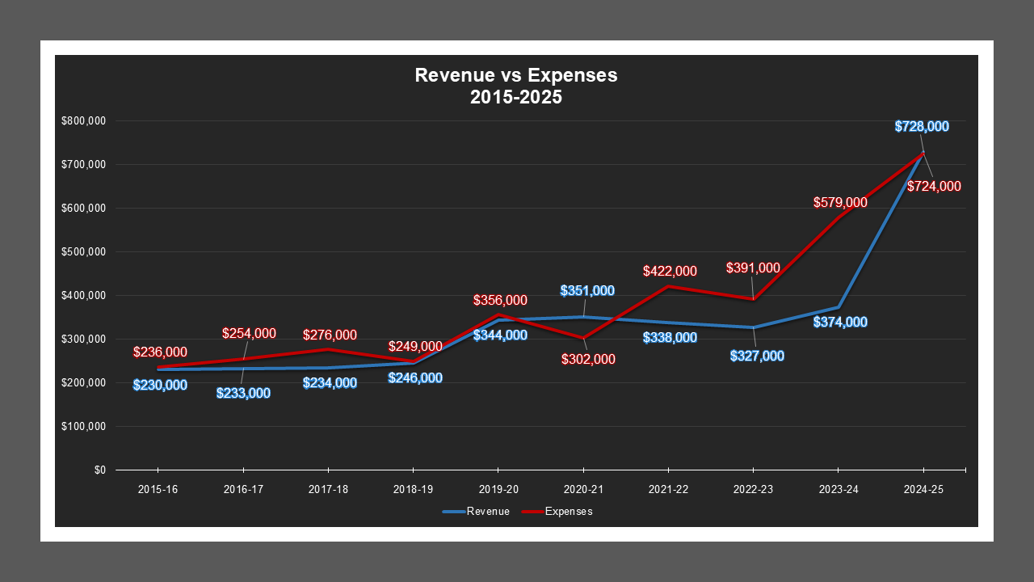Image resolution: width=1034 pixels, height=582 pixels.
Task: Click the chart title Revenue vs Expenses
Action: pyautogui.click(x=516, y=76)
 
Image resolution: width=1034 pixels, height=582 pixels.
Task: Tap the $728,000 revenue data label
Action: pyautogui.click(x=922, y=127)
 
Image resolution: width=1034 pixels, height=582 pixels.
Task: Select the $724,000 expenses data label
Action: pyautogui.click(x=934, y=187)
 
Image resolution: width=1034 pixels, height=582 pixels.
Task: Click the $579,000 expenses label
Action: pyautogui.click(x=840, y=203)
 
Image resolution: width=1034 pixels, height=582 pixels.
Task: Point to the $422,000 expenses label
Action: pyautogui.click(x=670, y=272)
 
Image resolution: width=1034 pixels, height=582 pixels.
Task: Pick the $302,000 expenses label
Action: pyautogui.click(x=588, y=359)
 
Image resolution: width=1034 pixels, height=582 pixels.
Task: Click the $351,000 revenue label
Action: pyautogui.click(x=588, y=291)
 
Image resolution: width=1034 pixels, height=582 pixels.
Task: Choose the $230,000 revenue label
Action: pyautogui.click(x=160, y=386)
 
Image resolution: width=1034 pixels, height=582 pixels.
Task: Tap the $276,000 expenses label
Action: pyautogui.click(x=330, y=335)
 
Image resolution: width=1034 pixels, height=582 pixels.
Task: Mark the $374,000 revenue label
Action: pyautogui.click(x=840, y=323)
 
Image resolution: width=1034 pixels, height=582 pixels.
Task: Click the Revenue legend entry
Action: pyautogui.click(x=476, y=512)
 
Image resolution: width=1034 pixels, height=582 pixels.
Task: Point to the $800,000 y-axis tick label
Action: pyautogui.click(x=84, y=121)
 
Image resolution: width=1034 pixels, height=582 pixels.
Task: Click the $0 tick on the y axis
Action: pyautogui.click(x=100, y=470)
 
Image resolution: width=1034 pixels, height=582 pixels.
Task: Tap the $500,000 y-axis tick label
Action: pyautogui.click(x=84, y=252)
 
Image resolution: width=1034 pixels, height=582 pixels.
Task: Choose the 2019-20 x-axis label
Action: pyautogui.click(x=498, y=490)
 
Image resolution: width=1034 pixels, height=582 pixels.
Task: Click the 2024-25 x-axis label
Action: pyautogui.click(x=923, y=490)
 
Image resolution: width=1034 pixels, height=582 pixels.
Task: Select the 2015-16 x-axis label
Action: pyautogui.click(x=158, y=490)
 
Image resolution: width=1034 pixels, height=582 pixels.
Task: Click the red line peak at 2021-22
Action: pyautogui.click(x=668, y=286)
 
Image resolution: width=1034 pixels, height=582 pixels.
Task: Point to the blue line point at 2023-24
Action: pyautogui.click(x=839, y=307)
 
